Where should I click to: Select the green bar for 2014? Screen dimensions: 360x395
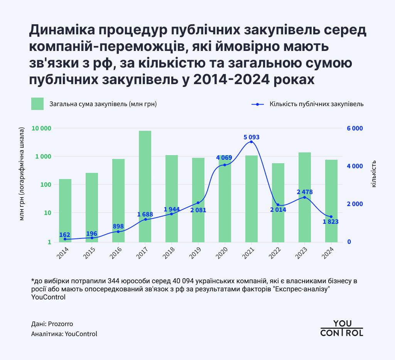click(x=65, y=210)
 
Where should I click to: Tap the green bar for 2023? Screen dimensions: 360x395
click(x=305, y=197)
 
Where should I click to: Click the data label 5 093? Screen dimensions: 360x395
click(x=251, y=137)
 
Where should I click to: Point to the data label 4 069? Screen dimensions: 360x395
click(x=224, y=157)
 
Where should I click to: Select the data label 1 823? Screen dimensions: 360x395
click(x=331, y=222)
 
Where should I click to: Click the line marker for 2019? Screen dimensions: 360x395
click(x=198, y=203)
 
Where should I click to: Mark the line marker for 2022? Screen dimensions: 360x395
click(x=278, y=205)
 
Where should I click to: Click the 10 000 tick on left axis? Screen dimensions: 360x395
click(x=41, y=128)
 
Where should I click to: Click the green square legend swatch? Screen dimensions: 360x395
click(x=37, y=104)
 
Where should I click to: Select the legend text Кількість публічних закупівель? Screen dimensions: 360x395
click(x=316, y=104)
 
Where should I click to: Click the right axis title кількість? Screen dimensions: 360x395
click(x=373, y=174)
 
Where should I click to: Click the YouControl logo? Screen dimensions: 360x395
click(x=342, y=328)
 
